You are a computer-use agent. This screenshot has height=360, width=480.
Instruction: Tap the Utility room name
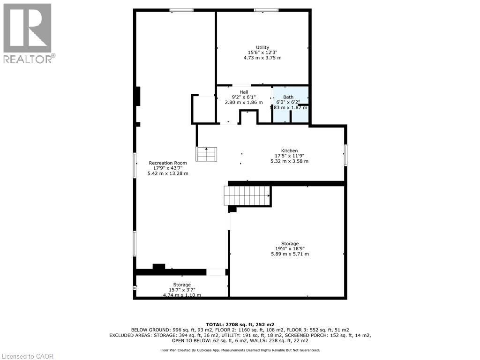click(262, 47)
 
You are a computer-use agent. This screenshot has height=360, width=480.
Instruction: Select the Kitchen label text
click(289, 150)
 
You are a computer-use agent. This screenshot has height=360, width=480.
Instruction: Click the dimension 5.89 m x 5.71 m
click(290, 254)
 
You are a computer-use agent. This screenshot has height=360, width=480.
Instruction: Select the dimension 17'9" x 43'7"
click(168, 168)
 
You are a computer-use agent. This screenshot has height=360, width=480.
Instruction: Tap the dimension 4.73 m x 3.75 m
click(262, 58)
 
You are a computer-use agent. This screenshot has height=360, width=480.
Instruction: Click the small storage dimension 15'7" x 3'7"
click(182, 290)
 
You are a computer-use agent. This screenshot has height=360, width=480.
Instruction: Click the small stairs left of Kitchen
click(207, 154)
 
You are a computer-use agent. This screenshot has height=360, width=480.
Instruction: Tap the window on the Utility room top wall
click(266, 10)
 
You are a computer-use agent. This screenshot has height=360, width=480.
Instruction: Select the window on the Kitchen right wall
click(346, 155)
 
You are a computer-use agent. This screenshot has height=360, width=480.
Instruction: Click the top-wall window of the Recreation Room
click(181, 10)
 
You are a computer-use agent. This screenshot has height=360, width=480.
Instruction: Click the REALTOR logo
click(28, 33)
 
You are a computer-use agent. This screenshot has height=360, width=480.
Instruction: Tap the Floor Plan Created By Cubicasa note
click(240, 350)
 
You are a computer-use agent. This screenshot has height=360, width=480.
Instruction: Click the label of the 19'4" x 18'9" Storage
click(290, 244)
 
